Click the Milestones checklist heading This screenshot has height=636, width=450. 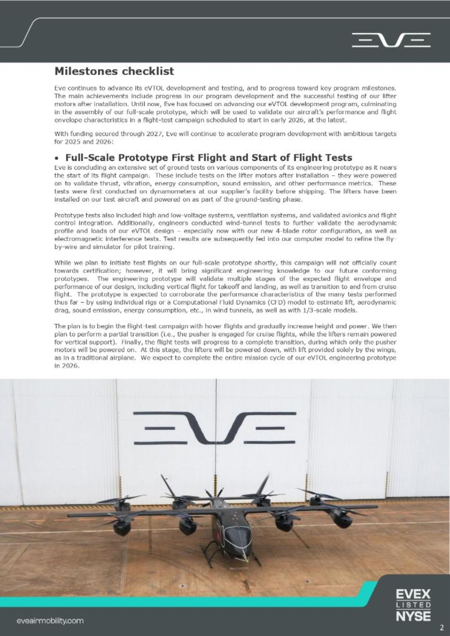(114, 71)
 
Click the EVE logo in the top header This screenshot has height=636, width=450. (391, 40)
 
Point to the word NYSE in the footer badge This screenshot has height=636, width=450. (413, 616)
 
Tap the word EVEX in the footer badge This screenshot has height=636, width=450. (413, 593)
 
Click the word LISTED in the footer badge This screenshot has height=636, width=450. (413, 605)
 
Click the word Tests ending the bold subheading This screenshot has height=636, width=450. (338, 157)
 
